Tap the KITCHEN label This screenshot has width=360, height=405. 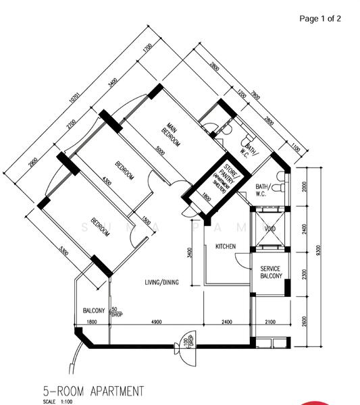click(226, 247)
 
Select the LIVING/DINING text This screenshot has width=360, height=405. click(161, 282)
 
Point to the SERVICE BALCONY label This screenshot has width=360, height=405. click(270, 273)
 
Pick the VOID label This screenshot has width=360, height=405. click(270, 230)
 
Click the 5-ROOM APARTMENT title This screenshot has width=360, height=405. click(93, 390)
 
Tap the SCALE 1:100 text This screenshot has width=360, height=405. click(58, 402)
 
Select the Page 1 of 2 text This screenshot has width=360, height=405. click(320, 18)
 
